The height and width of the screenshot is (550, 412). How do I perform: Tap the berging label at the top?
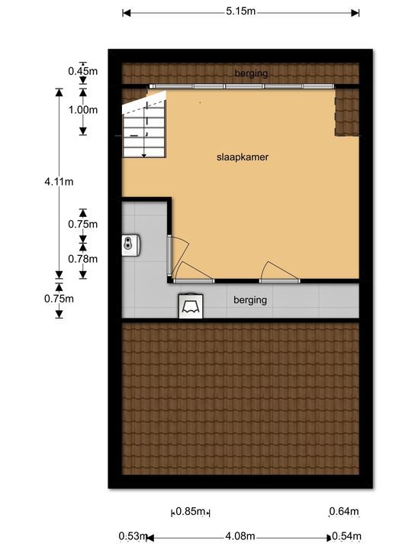tap(252, 73)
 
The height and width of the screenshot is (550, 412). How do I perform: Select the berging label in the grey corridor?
tap(250, 300)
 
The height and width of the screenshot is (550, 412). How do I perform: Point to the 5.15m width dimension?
tap(240, 12)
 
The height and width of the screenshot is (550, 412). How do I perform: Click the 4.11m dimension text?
tap(58, 181)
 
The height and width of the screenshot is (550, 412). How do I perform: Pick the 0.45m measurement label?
tap(83, 71)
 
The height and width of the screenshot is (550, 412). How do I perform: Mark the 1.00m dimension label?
tap(83, 109)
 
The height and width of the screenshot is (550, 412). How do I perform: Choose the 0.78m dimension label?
tap(83, 258)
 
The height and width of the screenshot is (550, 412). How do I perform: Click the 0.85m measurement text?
tap(192, 512)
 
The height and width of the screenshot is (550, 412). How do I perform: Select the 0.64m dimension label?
tap(343, 512)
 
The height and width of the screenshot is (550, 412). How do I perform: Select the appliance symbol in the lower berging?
tap(191, 306)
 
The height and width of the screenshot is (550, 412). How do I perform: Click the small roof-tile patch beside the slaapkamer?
tap(346, 112)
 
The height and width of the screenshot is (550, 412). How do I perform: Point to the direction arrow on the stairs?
tap(143, 145)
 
